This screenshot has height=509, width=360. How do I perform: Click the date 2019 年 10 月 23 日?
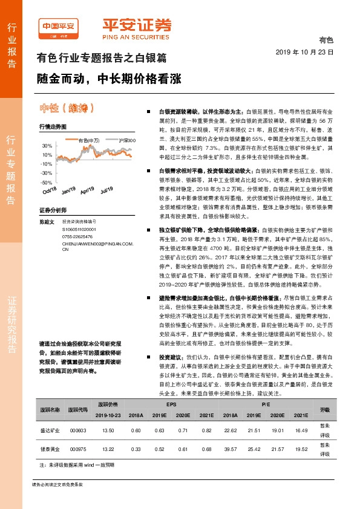[x=309, y=53]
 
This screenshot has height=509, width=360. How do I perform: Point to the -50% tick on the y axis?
[x=47, y=182]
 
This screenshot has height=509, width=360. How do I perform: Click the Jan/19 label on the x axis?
[x=68, y=190]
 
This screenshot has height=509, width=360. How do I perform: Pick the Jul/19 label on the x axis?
[x=107, y=190]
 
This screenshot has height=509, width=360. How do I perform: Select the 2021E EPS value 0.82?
[x=207, y=447]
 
